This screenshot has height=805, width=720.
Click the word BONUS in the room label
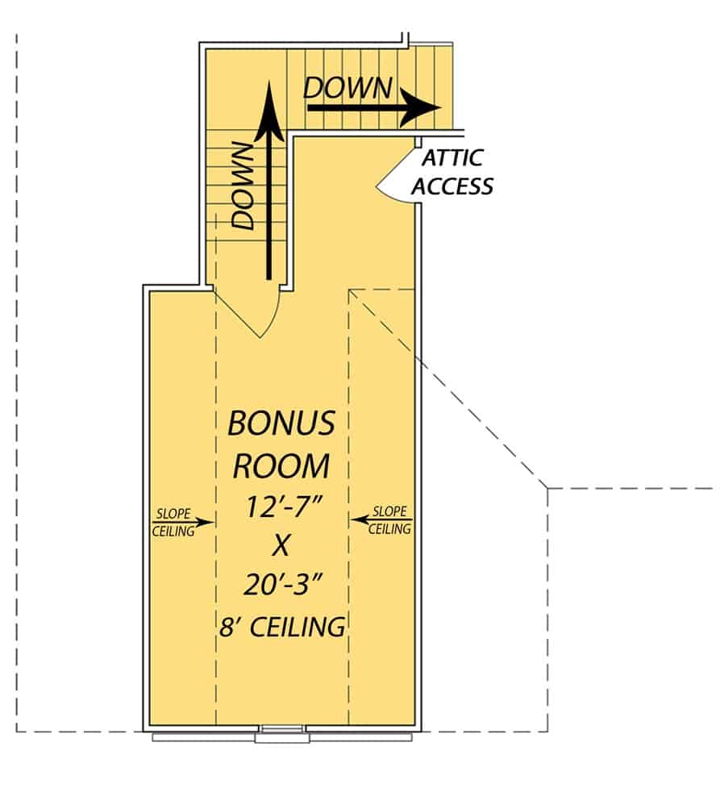coord(281,423)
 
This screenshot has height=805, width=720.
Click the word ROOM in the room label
coord(281,465)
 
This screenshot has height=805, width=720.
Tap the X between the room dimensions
coord(281,547)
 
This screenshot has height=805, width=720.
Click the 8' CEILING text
coord(282,626)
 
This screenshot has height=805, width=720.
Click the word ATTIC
coord(452,159)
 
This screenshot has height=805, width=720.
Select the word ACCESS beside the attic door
coord(452,186)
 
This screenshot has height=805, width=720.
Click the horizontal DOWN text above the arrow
coord(348,88)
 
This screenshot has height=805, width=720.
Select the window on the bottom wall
coord(281,735)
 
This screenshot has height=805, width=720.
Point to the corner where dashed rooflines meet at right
coord(548,489)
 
